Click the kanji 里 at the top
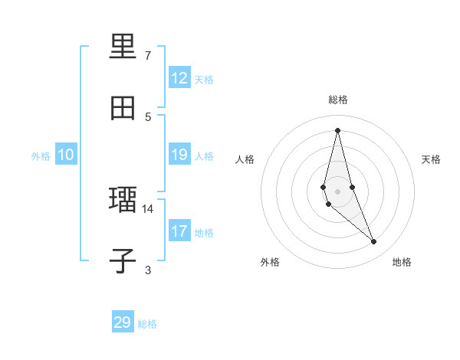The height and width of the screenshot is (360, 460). tap(123, 47)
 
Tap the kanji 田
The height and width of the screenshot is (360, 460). tap(123, 107)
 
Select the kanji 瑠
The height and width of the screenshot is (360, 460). tap(123, 201)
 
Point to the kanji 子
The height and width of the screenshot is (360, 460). tap(123, 260)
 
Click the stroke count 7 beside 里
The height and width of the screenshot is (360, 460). tap(147, 56)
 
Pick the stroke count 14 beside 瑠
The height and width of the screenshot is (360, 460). tap(147, 208)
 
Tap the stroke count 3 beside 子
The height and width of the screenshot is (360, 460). tap(147, 270)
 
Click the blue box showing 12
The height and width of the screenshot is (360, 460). tap(179, 78)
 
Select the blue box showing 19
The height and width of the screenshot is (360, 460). tap(179, 155)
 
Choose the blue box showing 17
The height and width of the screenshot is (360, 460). tap(179, 231)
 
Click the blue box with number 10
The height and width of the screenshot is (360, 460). tap(66, 155)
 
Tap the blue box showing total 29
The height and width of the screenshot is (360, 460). tap(123, 322)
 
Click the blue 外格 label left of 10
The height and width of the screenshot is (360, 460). tap(41, 156)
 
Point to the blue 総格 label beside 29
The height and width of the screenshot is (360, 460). tap(147, 324)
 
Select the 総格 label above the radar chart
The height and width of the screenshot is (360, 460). tap(338, 100)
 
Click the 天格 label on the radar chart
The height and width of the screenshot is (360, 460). tap(432, 159)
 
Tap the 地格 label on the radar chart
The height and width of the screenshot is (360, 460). tap(402, 262)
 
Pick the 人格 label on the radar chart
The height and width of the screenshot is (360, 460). tap(245, 159)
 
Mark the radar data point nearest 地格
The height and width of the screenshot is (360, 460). tap(374, 242)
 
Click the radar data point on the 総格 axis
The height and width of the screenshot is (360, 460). tap(338, 130)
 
